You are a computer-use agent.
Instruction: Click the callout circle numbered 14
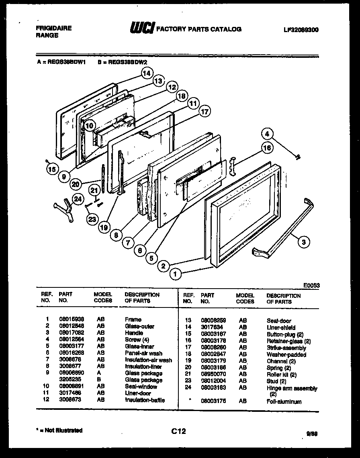pos(147,73)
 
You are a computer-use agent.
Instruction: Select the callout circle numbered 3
pos(304,242)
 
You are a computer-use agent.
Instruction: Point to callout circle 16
pos(267,148)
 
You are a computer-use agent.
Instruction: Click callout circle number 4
pos(268,134)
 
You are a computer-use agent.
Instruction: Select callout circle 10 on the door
pos(89,126)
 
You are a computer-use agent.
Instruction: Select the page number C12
pos(178,432)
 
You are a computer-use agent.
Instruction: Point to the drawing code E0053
pos(312,285)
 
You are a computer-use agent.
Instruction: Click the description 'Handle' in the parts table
pos(134,333)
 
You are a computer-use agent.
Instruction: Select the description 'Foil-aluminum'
pos(284,402)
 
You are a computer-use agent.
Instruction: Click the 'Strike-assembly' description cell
pos(286,348)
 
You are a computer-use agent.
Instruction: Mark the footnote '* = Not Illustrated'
pos(59,430)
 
